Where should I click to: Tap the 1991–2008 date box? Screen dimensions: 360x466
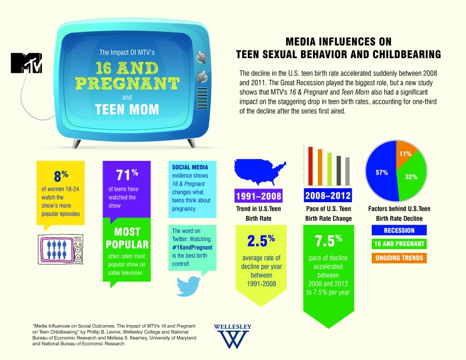click(x=258, y=196)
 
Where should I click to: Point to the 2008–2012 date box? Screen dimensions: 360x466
click(x=328, y=196)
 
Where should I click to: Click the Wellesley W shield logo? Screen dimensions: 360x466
click(x=232, y=339)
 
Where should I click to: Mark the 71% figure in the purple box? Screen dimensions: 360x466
click(x=127, y=175)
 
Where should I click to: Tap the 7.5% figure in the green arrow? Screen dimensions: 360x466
click(x=328, y=242)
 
